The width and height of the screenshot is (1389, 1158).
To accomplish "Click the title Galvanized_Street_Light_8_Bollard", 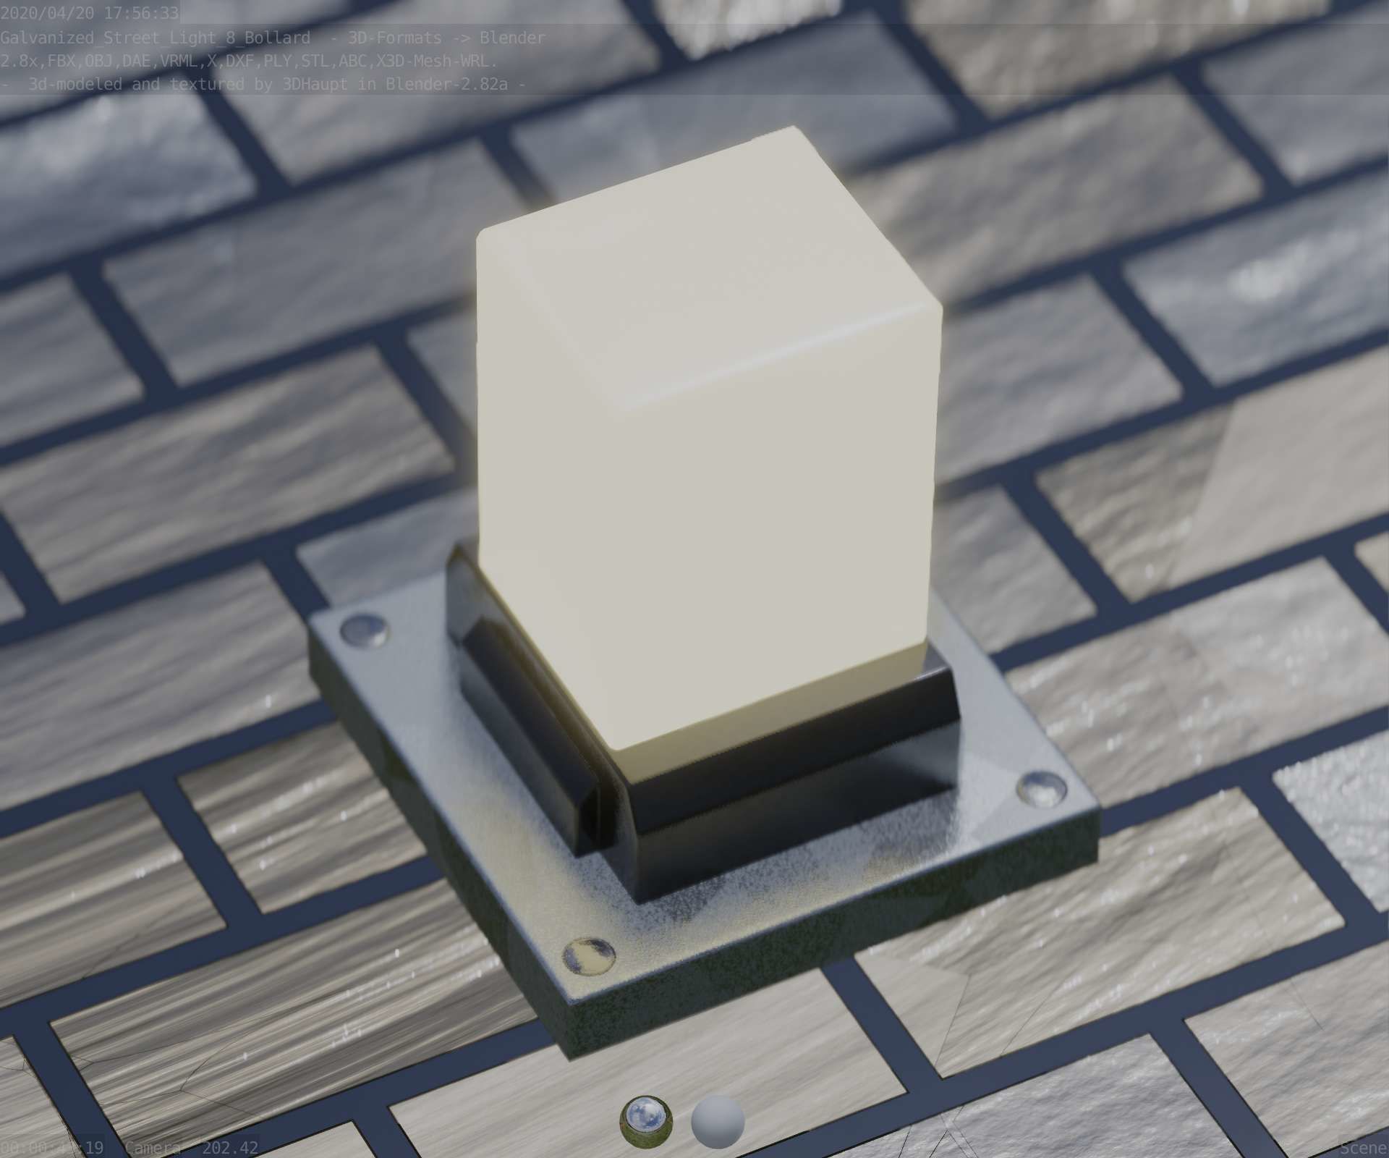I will (x=155, y=37).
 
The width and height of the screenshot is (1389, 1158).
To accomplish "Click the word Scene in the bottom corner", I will (x=1364, y=1148).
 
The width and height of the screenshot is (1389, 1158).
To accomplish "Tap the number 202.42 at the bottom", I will (x=229, y=1148).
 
